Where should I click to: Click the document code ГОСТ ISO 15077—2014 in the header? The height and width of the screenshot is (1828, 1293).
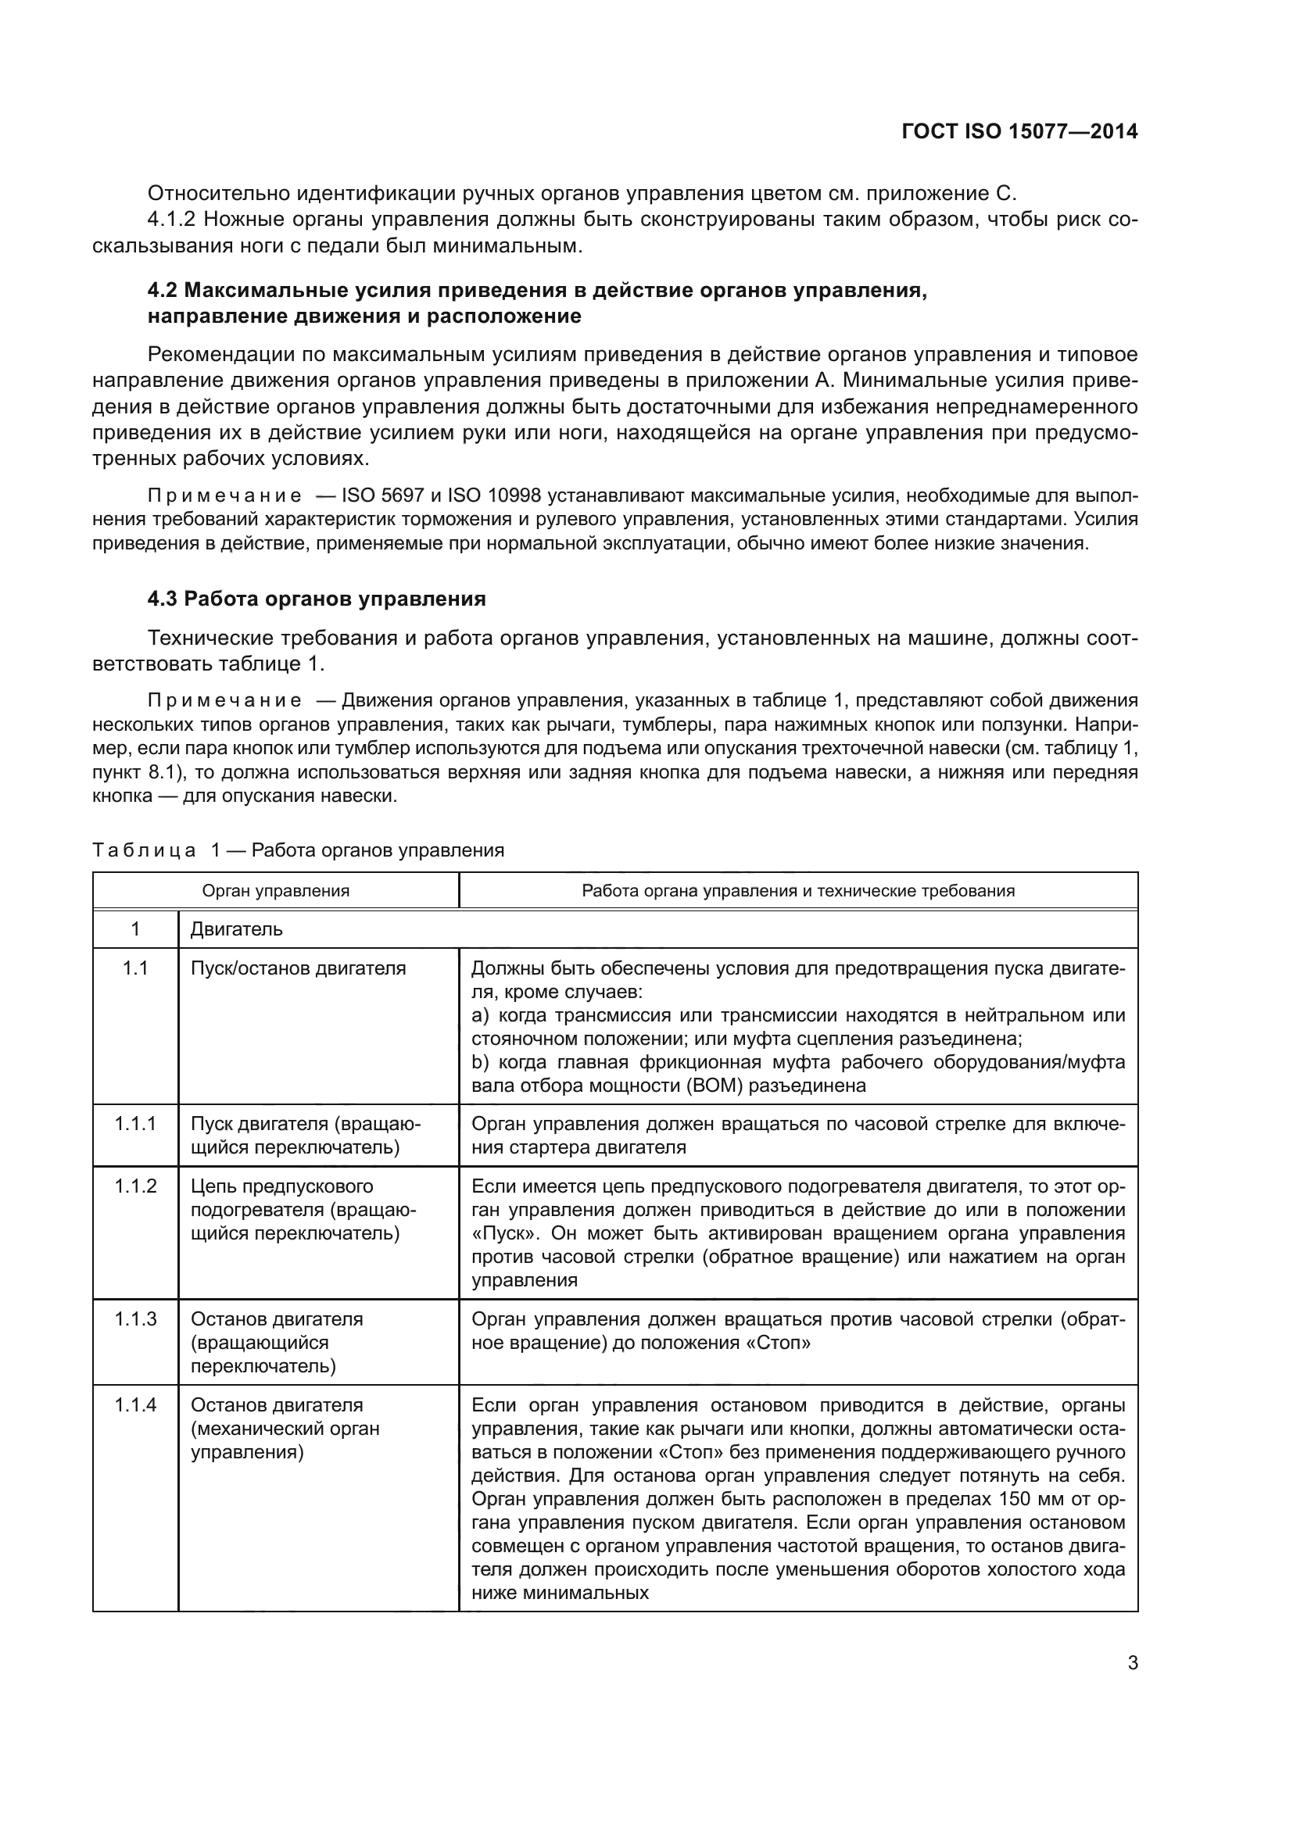click(1019, 131)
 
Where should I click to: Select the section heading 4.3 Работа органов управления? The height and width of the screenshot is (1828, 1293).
click(316, 599)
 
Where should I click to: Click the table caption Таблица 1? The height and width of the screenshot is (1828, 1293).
click(298, 850)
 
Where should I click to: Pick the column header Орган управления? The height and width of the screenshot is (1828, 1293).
click(275, 890)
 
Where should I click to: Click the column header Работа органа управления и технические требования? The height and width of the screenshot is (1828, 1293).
click(798, 890)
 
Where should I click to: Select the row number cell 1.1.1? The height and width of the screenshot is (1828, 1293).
click(134, 1123)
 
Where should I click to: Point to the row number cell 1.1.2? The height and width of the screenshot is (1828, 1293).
click(134, 1186)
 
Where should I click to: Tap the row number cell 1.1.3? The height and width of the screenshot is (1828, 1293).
click(134, 1319)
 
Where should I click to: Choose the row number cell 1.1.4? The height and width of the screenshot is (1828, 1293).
click(134, 1405)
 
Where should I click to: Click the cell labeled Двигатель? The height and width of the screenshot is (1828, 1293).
click(236, 929)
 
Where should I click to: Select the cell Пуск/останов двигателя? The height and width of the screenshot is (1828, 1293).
click(298, 968)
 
